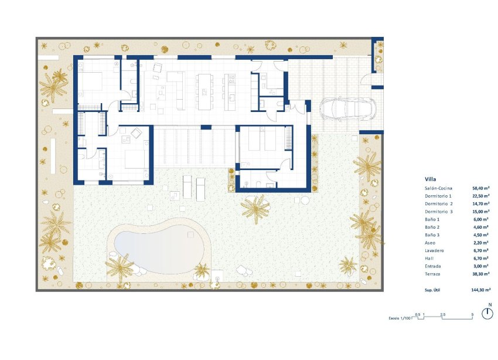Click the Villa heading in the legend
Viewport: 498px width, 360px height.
431,179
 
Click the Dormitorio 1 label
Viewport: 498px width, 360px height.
439,196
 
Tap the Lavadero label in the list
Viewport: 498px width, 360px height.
436,250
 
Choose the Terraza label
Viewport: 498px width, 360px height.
434,274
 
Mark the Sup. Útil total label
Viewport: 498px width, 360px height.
435,290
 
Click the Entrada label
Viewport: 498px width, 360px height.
434,266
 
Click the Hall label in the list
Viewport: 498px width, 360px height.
430,258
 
